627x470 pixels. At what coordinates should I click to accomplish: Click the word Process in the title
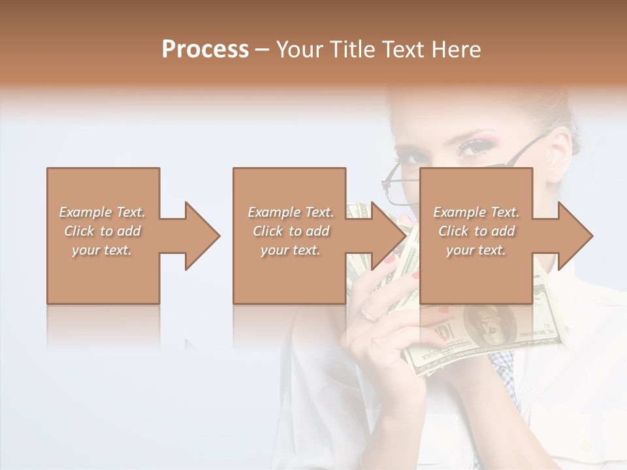(x=205, y=50)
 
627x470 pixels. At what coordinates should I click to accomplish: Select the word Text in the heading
(x=406, y=50)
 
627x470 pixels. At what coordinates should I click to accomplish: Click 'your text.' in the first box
(x=102, y=250)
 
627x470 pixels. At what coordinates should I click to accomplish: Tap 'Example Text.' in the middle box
(x=291, y=212)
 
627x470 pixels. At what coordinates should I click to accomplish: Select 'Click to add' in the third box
(x=477, y=231)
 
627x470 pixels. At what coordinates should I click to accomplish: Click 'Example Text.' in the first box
(x=102, y=212)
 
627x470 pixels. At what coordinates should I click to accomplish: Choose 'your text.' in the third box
(x=475, y=250)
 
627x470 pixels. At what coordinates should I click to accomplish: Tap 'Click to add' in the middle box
(x=291, y=231)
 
